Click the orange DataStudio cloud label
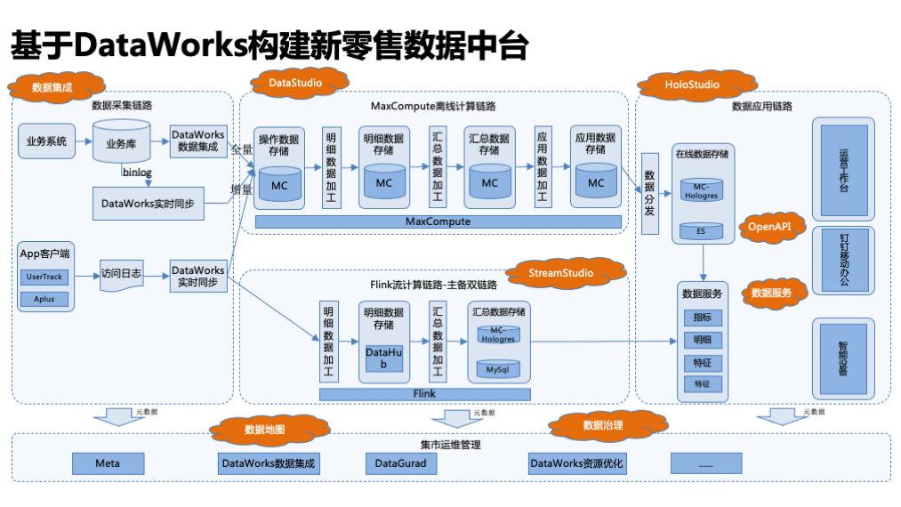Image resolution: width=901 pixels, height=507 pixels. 294,84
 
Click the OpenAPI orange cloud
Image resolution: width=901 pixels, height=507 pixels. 768,227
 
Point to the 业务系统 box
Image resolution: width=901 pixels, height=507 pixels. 45,141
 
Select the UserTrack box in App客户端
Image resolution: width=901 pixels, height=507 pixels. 44,278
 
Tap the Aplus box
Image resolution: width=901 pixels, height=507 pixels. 44,299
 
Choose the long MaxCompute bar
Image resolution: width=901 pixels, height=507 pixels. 437,221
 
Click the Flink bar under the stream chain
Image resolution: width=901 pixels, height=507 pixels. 424,392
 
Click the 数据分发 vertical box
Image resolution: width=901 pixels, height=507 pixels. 649,193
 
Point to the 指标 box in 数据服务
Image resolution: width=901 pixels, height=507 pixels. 702,318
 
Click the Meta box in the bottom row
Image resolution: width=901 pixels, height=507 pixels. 108,463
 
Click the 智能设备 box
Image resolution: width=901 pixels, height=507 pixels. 842,358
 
